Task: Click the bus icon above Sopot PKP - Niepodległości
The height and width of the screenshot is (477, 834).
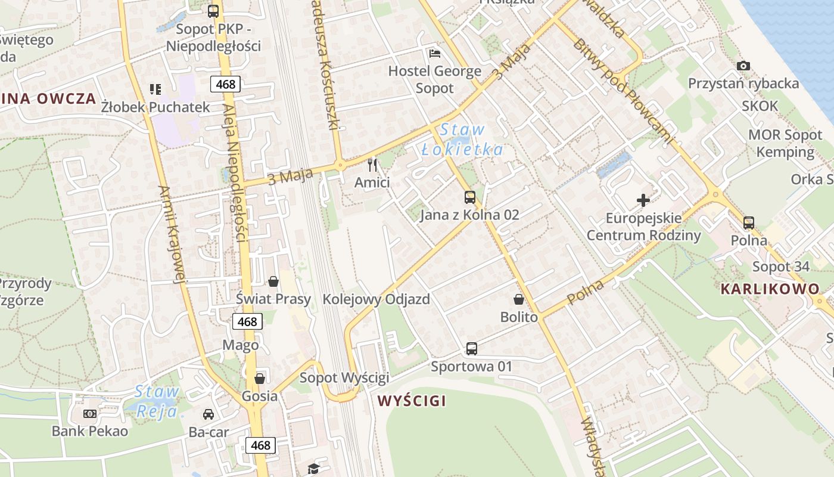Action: point(213,11)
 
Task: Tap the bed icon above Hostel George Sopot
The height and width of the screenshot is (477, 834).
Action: point(435,54)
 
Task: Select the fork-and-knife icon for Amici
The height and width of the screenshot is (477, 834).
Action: point(372,165)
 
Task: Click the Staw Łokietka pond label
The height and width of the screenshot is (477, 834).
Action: point(462,140)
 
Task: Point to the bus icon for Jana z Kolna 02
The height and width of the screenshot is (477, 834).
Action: point(470,197)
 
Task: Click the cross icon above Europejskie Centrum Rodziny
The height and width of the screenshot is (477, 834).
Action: point(643,200)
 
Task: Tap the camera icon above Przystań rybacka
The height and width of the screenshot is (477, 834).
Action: point(743,66)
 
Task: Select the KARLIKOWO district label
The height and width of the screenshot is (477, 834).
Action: point(770,289)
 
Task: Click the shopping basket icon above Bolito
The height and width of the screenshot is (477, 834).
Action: point(519,299)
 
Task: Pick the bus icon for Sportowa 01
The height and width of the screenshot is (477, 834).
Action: point(471,349)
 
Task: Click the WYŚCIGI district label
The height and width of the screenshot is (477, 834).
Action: point(412,401)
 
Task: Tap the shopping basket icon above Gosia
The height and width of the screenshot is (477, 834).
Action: point(260,379)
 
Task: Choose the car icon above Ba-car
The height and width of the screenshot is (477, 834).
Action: point(208,414)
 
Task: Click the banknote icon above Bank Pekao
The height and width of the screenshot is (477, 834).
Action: point(90,413)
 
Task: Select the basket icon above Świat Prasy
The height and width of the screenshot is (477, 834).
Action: point(273,281)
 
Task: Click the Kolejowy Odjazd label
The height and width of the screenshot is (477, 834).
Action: point(376,299)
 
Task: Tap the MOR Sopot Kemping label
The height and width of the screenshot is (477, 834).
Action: point(785,143)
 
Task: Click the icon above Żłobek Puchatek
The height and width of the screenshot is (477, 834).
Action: point(155,89)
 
